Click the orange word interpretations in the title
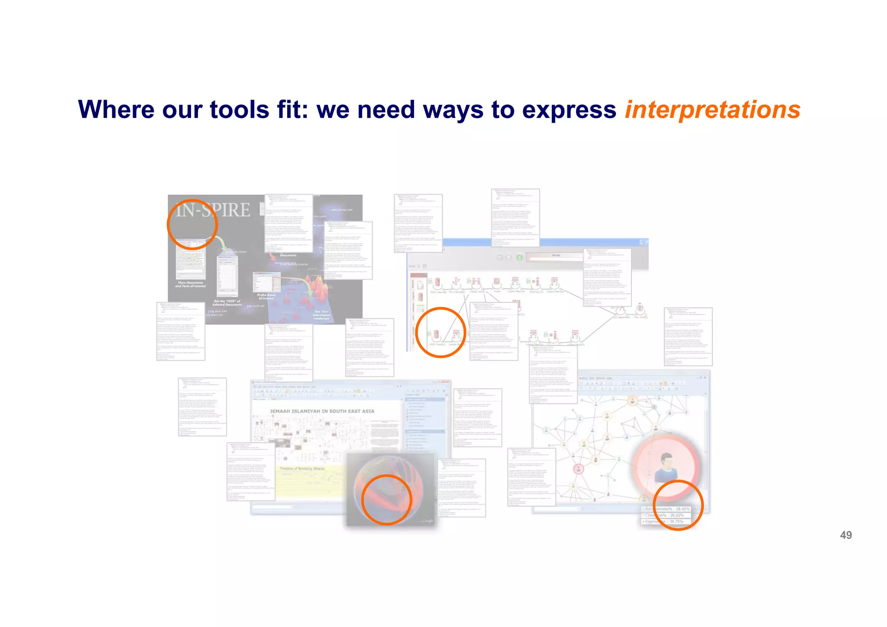coord(712,110)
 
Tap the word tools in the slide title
coord(239,110)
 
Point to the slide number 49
coord(845,535)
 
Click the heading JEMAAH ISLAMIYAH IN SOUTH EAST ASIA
coord(322,411)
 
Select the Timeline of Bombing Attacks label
coord(302,468)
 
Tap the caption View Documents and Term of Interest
coord(190,284)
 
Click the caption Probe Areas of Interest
coord(266,296)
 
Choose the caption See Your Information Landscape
coord(321,315)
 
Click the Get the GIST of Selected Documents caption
coord(227,303)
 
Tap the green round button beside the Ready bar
coord(519,257)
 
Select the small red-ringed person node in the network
coord(579,469)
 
